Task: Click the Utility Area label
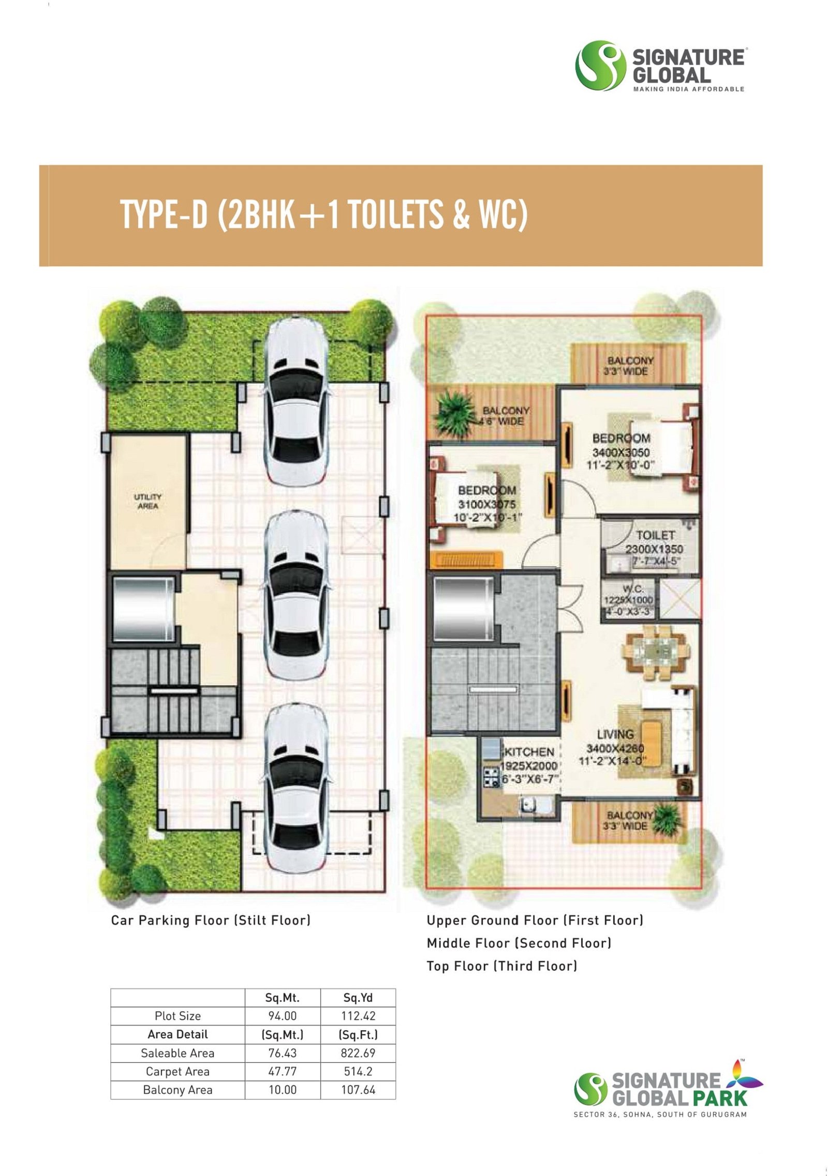[x=147, y=502]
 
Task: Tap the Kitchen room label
[x=529, y=751]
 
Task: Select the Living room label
[x=615, y=734]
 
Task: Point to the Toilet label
[x=655, y=535]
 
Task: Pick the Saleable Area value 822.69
[x=358, y=1053]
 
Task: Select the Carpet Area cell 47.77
[x=283, y=1072]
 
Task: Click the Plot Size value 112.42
[x=358, y=1016]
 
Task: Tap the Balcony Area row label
[x=178, y=1090]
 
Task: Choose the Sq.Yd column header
[x=358, y=998]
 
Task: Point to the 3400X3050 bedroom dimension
[x=621, y=453]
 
